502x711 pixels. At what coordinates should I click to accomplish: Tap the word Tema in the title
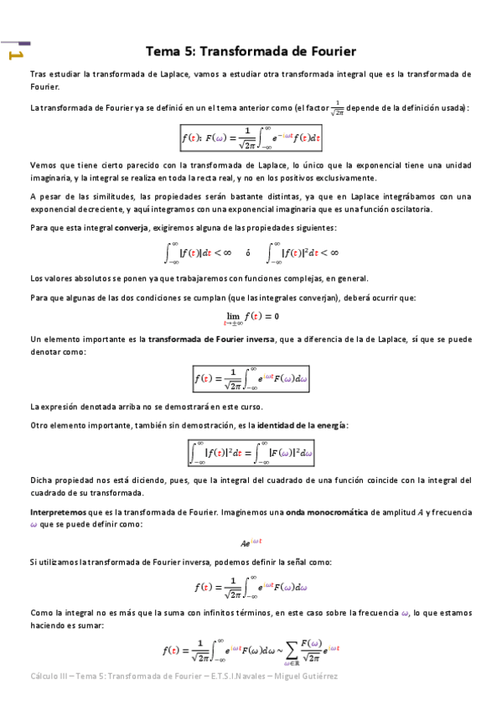(164, 50)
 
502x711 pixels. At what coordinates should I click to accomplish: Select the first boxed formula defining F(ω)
(252, 135)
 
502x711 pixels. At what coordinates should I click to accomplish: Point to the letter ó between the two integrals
(247, 252)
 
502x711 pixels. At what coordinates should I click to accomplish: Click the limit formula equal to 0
(251, 317)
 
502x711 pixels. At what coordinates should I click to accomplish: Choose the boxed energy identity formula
(251, 454)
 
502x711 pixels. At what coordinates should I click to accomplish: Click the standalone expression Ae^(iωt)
(251, 542)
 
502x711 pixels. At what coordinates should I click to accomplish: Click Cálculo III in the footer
(48, 676)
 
